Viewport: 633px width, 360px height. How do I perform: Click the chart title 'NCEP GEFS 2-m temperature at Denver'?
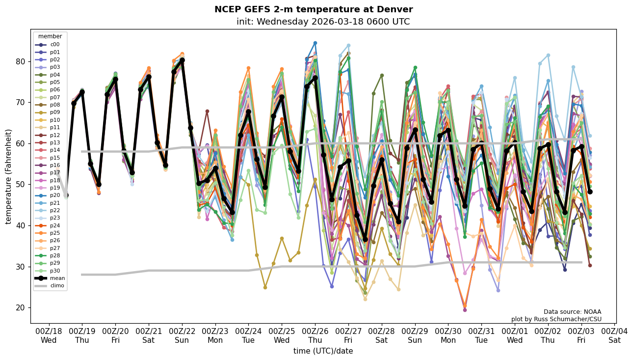click(x=314, y=9)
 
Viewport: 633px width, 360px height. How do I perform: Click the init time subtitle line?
click(x=323, y=22)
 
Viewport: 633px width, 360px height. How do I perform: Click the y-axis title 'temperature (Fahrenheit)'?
click(x=9, y=176)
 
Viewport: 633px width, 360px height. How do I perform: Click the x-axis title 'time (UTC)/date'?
click(x=323, y=351)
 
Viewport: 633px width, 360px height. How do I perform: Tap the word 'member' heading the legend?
click(x=50, y=36)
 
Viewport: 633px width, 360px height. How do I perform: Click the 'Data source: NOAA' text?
click(x=572, y=312)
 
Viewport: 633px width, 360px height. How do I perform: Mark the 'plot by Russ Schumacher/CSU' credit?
click(x=556, y=319)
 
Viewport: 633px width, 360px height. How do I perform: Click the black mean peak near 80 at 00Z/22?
click(x=182, y=60)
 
